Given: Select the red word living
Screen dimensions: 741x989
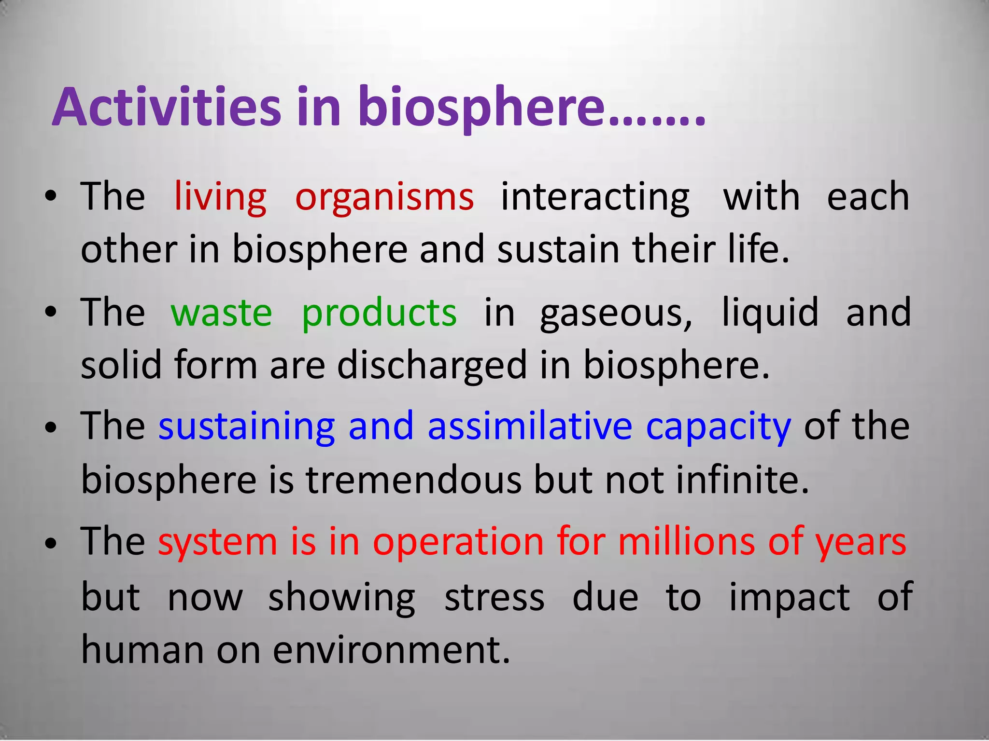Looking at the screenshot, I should [x=220, y=197].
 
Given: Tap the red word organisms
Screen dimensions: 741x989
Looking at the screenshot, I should [x=384, y=197].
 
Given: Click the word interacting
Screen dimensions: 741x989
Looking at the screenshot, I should [x=595, y=197].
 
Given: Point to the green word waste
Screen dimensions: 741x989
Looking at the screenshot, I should [x=221, y=313].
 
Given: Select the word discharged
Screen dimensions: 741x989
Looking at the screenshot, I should [x=432, y=366].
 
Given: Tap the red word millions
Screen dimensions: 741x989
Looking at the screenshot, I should [x=686, y=541].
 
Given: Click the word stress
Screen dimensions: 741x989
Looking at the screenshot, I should [x=494, y=597].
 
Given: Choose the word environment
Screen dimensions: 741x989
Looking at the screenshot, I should [x=391, y=649].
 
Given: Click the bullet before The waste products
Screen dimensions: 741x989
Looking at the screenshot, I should [x=50, y=313].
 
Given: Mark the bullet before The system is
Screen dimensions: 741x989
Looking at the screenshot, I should [x=50, y=543].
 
